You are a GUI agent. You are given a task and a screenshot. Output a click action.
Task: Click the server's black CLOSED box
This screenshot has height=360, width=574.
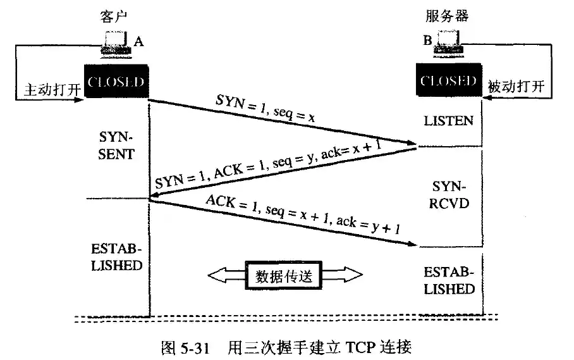[x=448, y=81]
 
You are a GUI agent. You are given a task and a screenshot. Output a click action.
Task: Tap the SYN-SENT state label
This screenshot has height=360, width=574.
[x=117, y=146]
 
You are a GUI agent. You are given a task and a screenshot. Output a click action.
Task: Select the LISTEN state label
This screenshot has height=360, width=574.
[x=449, y=120]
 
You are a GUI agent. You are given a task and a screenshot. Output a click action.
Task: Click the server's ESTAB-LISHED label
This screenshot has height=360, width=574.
[x=449, y=281]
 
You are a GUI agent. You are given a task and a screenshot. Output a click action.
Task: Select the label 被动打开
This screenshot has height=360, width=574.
[x=516, y=86]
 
